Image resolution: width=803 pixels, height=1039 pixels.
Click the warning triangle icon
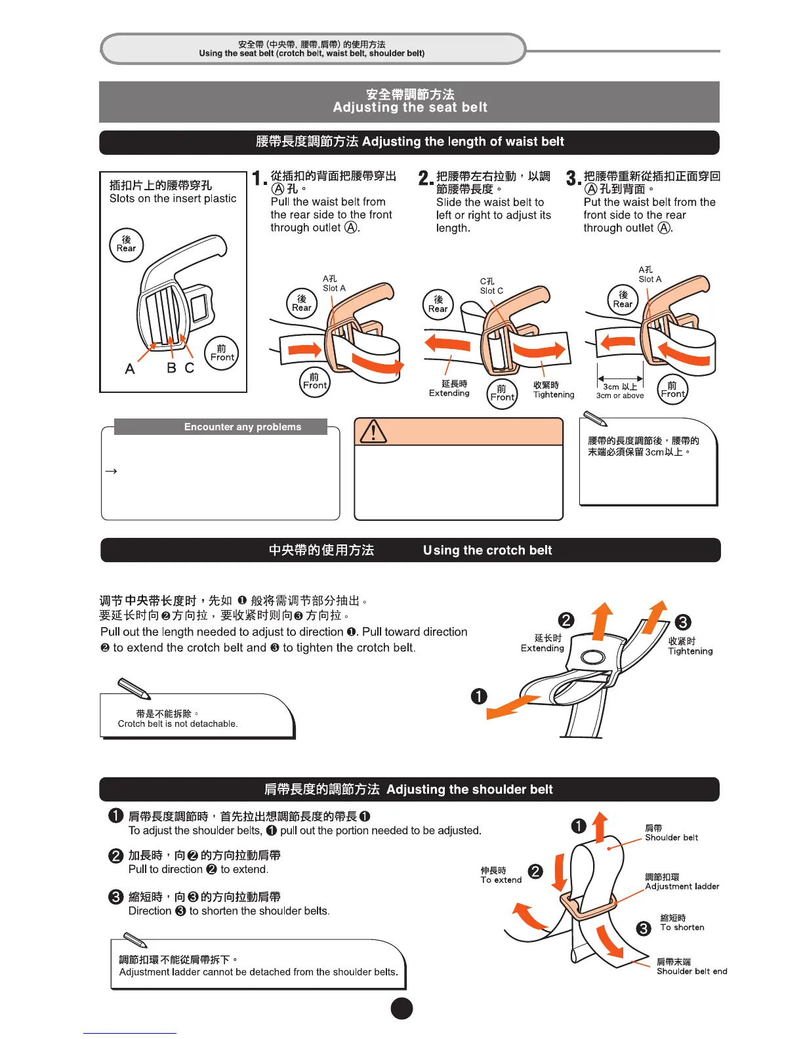[373, 431]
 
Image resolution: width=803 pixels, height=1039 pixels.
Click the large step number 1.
[258, 178]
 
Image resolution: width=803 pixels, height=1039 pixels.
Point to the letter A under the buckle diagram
[130, 369]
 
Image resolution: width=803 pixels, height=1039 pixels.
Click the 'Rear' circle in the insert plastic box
[126, 245]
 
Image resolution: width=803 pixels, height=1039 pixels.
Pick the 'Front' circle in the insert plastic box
[222, 354]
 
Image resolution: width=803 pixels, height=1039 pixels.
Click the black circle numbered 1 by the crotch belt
[479, 696]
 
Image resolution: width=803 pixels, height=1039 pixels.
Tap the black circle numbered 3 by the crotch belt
[682, 622]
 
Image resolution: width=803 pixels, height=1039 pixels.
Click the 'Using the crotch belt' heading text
[487, 550]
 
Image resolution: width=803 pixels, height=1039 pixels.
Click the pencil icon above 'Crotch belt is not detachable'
[134, 688]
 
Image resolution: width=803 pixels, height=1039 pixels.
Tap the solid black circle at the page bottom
[401, 1009]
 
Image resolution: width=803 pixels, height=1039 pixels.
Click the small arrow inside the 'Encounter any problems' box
[111, 471]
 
